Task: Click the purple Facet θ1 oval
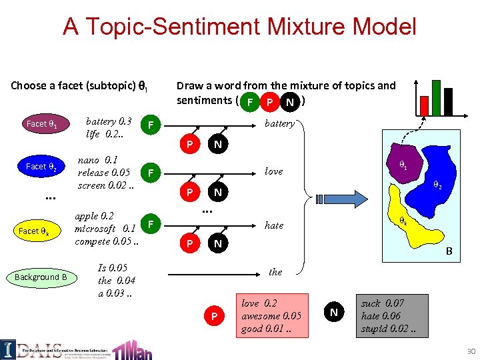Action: point(41,124)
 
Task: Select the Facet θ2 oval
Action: point(41,166)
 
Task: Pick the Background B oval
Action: point(41,277)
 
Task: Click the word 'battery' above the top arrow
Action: point(279,123)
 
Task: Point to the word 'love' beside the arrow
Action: point(273,171)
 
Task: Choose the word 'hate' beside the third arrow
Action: point(274,225)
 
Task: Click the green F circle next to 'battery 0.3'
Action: point(152,125)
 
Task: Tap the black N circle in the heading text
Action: point(289,102)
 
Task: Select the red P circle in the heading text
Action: point(269,102)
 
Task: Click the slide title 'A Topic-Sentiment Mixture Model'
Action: point(239,27)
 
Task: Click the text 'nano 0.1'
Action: point(98,160)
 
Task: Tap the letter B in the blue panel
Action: point(449,252)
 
